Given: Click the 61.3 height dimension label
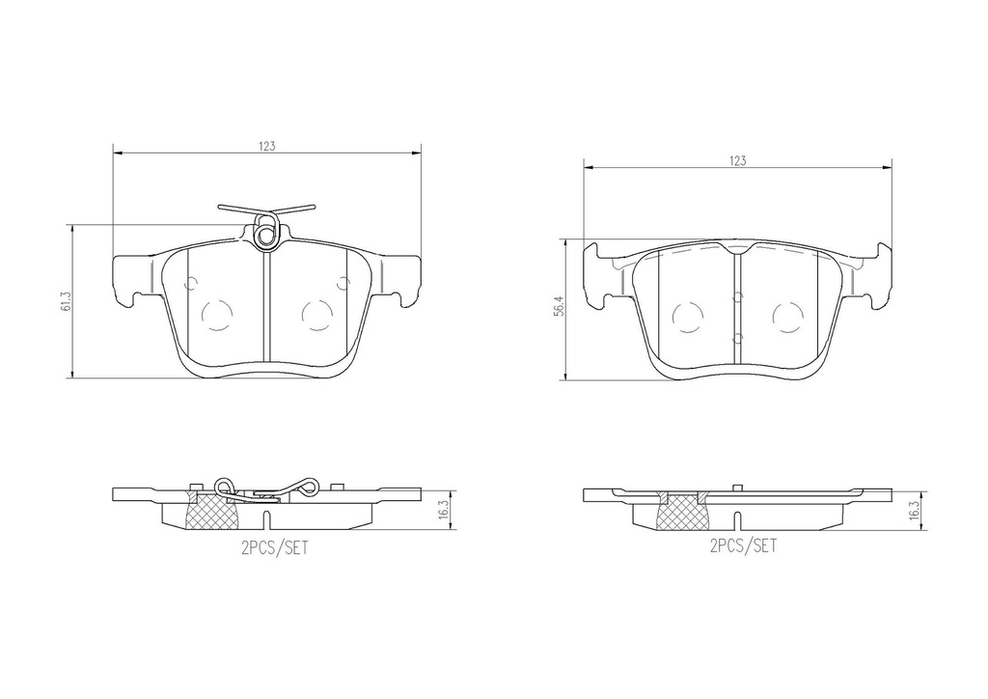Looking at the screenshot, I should pyautogui.click(x=65, y=303).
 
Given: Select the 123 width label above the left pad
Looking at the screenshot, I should pyautogui.click(x=267, y=146).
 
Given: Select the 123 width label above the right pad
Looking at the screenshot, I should pyautogui.click(x=737, y=161).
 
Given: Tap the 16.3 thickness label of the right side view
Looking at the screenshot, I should pyautogui.click(x=913, y=508).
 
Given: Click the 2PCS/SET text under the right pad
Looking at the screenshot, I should pyautogui.click(x=743, y=546).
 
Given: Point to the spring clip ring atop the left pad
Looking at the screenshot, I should pyautogui.click(x=266, y=233).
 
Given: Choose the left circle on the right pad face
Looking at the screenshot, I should pyautogui.click(x=687, y=316).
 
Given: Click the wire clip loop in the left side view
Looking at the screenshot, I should pyautogui.click(x=224, y=486).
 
